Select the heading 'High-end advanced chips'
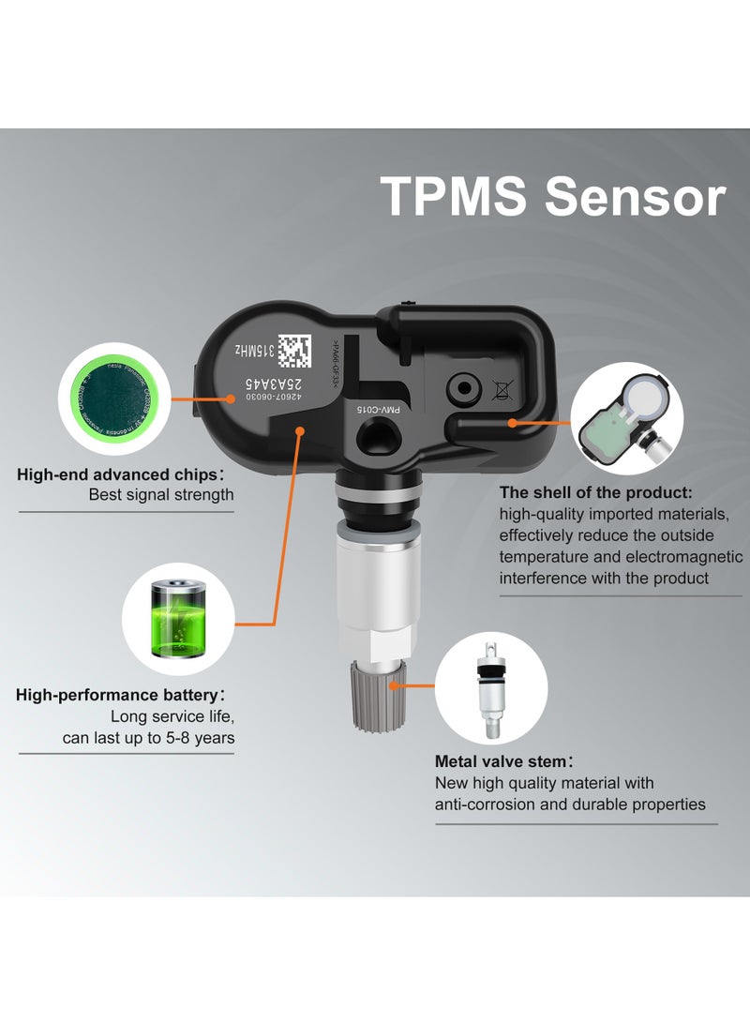(x=119, y=474)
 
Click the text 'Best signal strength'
(x=161, y=494)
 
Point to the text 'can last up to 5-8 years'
(x=149, y=738)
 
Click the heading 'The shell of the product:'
(x=596, y=492)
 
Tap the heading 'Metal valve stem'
(x=502, y=760)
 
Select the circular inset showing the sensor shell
(x=625, y=416)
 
